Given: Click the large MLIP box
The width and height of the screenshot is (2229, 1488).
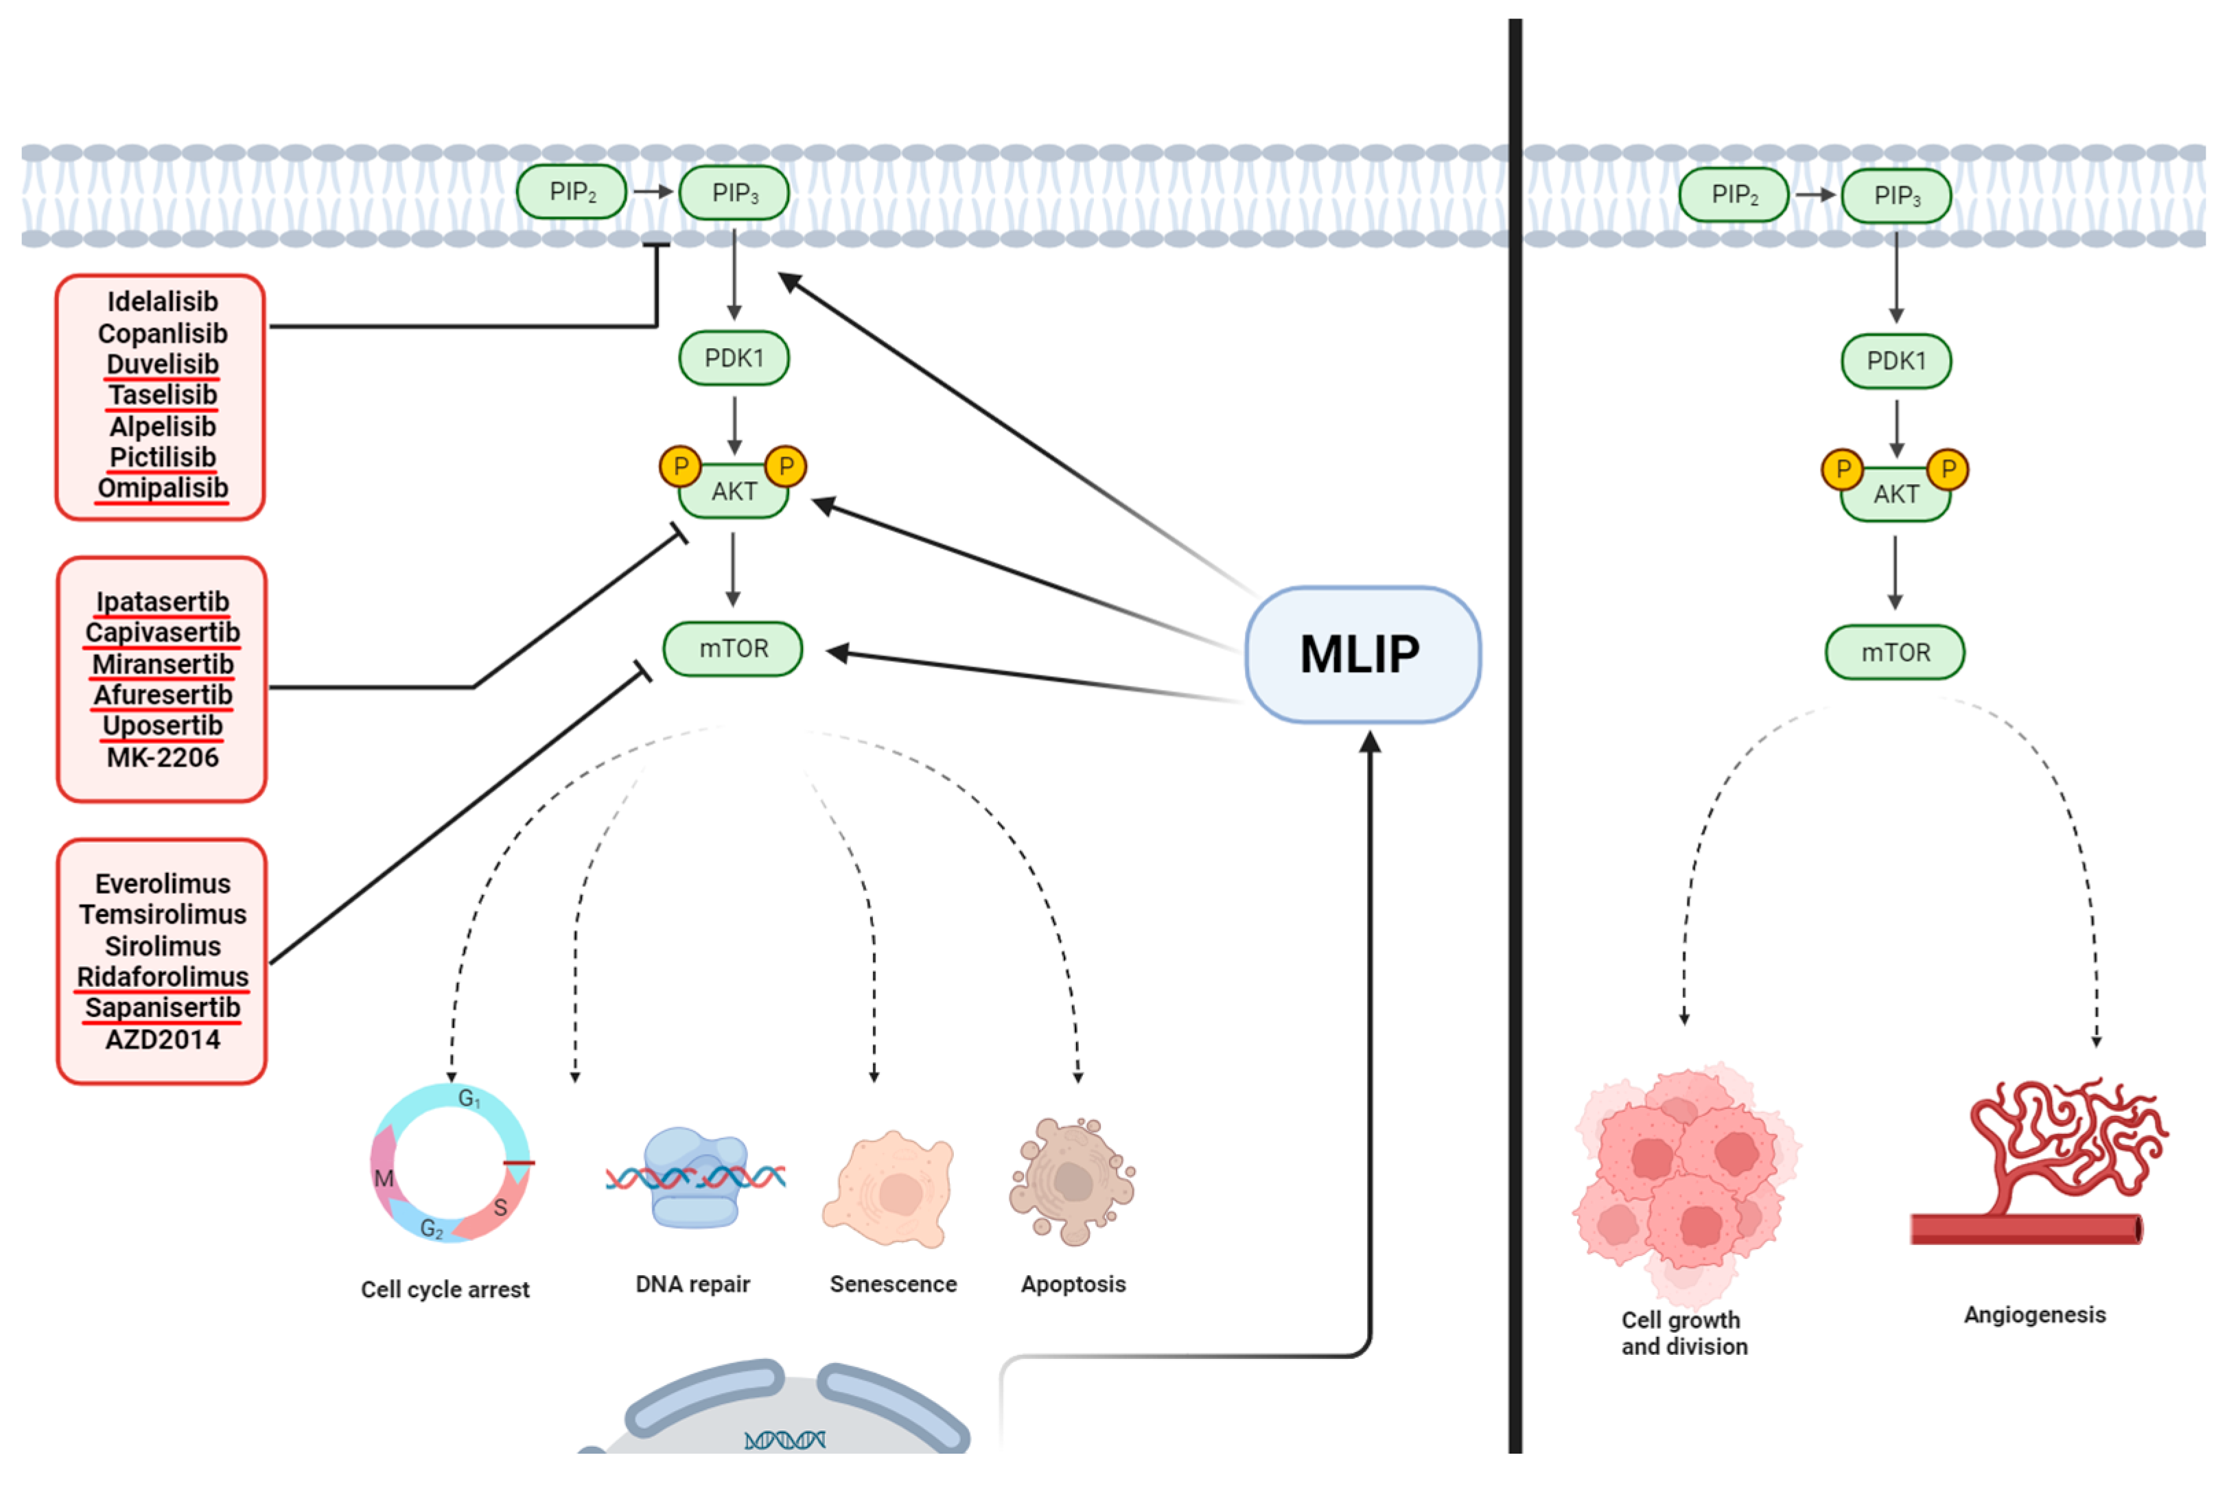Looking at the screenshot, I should [x=1362, y=655].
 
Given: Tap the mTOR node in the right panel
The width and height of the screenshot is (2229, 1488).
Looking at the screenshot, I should [x=1894, y=652].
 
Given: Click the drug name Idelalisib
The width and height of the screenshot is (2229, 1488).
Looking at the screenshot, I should [x=162, y=302].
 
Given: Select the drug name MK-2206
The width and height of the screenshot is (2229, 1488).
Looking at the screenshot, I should [x=162, y=757].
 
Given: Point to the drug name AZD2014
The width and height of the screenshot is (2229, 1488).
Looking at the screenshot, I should [x=162, y=1039].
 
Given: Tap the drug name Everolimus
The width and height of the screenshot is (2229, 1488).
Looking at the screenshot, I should [x=162, y=883].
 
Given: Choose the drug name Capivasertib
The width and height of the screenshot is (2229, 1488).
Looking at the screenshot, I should [x=162, y=632].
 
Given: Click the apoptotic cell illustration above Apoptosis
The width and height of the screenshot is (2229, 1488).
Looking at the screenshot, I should [x=1072, y=1181].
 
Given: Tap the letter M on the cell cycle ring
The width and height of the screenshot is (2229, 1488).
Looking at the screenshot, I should [x=384, y=1178].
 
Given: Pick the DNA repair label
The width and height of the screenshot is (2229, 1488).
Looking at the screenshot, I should [x=692, y=1284].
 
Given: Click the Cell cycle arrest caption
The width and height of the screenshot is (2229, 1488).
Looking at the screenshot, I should [x=445, y=1290].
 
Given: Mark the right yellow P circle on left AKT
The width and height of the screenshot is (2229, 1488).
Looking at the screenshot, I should [x=786, y=466].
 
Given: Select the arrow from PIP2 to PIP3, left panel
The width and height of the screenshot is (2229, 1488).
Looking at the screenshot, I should [x=653, y=191].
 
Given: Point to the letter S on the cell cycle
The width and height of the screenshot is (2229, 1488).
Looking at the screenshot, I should [x=500, y=1207].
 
